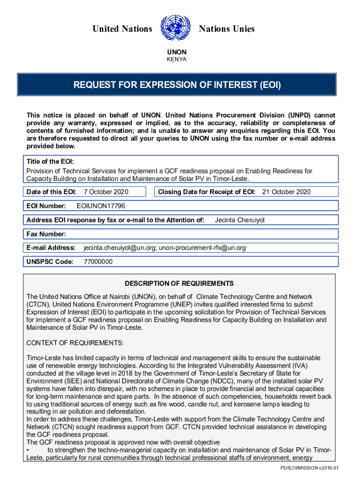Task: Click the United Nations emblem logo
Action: tap(175, 29)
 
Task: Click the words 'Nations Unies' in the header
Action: tap(227, 29)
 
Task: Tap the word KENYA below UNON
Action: tap(177, 59)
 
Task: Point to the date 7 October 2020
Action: tap(106, 192)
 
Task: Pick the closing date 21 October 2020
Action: tap(286, 192)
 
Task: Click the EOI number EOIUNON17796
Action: tap(101, 206)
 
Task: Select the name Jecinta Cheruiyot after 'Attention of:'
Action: tap(239, 220)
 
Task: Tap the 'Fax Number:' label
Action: tap(46, 234)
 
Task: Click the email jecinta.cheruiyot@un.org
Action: tap(119, 247)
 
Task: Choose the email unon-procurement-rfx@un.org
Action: tap(202, 247)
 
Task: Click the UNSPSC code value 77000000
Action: tap(98, 261)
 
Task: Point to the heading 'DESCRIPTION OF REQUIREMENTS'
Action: tap(179, 283)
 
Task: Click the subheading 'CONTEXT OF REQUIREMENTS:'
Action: tap(75, 343)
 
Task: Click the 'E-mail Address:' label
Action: tap(51, 247)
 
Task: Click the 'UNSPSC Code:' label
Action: tap(50, 261)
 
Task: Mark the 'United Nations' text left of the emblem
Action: tap(122, 29)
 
